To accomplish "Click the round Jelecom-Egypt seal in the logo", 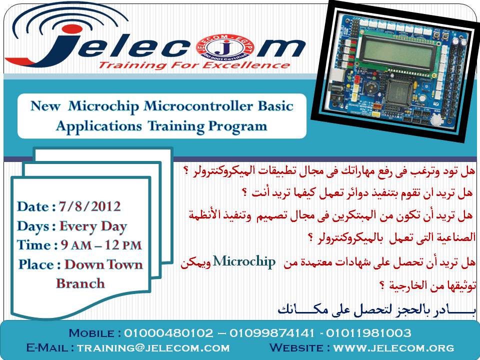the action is click(x=225, y=48).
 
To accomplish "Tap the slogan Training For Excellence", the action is click(x=194, y=65).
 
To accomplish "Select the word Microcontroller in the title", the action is click(x=198, y=106).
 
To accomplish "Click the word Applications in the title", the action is click(x=99, y=126).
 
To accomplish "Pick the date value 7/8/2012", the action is click(x=89, y=206).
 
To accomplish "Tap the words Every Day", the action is click(x=93, y=226).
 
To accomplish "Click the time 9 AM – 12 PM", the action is click(x=101, y=245).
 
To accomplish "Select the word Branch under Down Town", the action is click(x=80, y=283).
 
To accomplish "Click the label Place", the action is click(x=36, y=264).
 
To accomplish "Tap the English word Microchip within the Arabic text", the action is click(x=244, y=261).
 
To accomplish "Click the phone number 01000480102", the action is click(x=168, y=333).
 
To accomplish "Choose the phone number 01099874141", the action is click(x=272, y=333).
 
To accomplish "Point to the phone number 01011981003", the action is click(x=368, y=333).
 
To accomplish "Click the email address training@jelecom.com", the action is click(x=153, y=348).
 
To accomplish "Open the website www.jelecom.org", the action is click(x=393, y=348).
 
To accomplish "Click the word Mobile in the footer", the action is click(x=91, y=333).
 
